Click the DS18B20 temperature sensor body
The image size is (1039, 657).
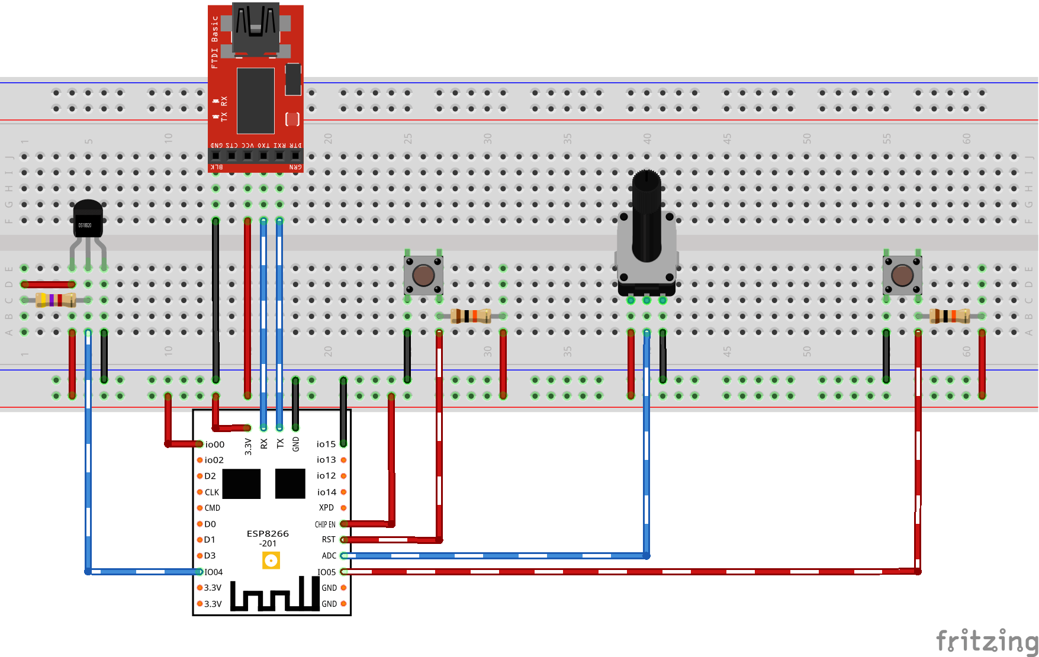coord(88,220)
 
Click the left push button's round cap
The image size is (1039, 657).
coord(423,275)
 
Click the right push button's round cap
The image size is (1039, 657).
coord(902,275)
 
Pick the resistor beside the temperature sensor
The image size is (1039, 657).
coord(56,300)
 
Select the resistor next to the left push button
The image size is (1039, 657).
coord(471,316)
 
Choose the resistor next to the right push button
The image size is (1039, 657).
coord(949,316)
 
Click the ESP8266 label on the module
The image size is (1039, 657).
coord(268,534)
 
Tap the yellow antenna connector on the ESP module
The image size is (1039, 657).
coord(271,560)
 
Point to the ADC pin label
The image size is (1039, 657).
coord(329,556)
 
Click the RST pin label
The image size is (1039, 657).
coord(329,540)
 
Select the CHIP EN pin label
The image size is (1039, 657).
coord(325,524)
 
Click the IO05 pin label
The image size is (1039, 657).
coord(326,572)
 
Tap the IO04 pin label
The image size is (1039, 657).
coord(214,572)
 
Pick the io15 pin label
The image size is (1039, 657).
coord(326,444)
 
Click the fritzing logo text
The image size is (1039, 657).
coord(986,640)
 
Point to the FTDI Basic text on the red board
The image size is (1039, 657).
coord(215,41)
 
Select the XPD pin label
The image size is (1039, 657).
coord(326,508)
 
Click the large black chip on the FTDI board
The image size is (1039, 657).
coord(256,101)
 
